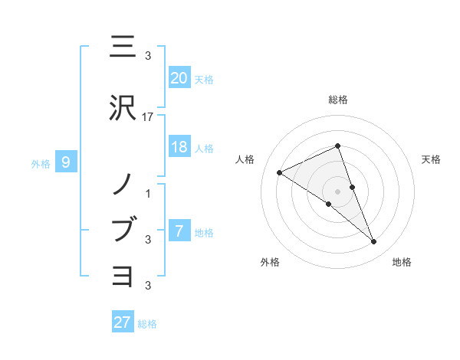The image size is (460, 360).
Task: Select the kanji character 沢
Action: point(123,109)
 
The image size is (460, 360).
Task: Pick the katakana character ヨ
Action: point(123,274)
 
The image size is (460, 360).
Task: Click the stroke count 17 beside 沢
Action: point(148,117)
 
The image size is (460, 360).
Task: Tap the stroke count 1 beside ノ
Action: point(148,193)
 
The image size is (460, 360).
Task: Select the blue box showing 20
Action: point(179,77)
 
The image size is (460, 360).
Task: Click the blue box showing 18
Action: point(179,147)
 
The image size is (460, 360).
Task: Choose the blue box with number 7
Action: point(179,231)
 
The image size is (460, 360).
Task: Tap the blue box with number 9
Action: point(66,162)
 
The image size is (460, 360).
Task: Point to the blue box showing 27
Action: point(123,322)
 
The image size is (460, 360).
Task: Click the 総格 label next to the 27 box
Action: point(147,324)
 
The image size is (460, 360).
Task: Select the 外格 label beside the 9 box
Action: point(41,163)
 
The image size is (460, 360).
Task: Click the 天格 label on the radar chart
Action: point(431,159)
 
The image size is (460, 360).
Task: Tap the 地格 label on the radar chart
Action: point(402,262)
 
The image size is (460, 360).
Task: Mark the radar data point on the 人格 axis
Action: point(280,172)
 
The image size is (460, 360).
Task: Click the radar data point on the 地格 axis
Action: point(373,242)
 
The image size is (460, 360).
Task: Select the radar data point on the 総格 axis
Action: point(337,146)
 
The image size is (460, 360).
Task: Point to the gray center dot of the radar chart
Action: point(337,191)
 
